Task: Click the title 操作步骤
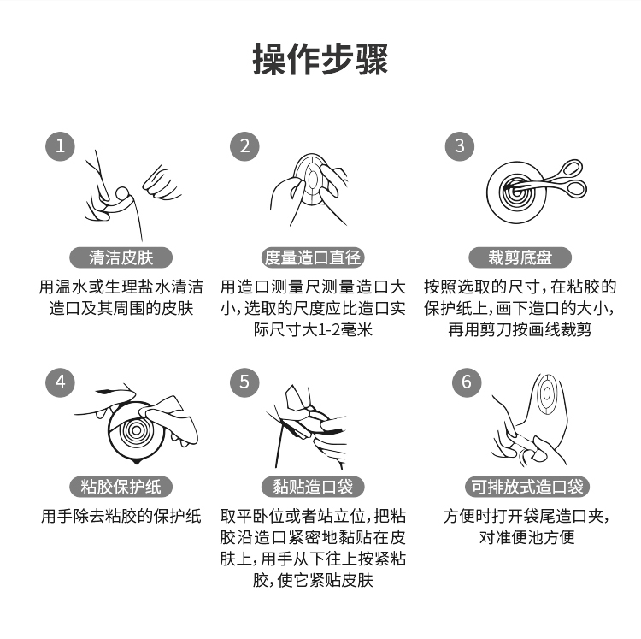coord(320,59)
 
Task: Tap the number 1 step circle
coord(60,146)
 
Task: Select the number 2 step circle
coord(244,146)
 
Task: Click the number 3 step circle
coord(460,146)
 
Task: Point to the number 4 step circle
coord(60,382)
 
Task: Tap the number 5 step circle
coord(244,382)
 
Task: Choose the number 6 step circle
coord(467,382)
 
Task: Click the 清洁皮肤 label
coord(121,257)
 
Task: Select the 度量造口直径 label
coord(313,257)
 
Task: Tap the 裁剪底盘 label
coord(520,257)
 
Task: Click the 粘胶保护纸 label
coord(121,487)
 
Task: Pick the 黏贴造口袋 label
coord(313,487)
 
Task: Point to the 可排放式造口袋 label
coord(527,487)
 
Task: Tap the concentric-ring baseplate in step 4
coord(137,432)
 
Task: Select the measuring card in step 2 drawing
coord(311,180)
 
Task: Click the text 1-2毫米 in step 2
coord(344,329)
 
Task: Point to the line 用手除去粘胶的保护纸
coord(121,517)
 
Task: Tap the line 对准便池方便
coord(527,537)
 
